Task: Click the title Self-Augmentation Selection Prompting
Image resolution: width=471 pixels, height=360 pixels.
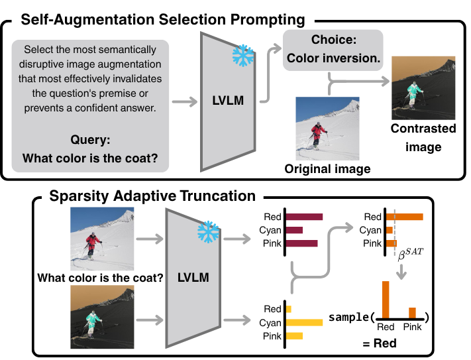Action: coord(163,19)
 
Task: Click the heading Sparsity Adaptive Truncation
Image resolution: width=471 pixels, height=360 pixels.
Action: coord(152,196)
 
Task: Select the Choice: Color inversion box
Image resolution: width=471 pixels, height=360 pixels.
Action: coord(333,48)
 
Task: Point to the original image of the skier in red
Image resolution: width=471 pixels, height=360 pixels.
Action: coord(327,127)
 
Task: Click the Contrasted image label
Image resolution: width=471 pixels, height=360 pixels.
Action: coord(423,138)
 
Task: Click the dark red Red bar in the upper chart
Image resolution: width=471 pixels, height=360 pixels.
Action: coord(303,217)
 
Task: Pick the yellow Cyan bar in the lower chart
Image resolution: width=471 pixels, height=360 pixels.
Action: coord(304,322)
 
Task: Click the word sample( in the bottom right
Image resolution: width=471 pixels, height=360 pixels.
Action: coord(352,317)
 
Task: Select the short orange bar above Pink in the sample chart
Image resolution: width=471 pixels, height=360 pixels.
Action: coord(412,312)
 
